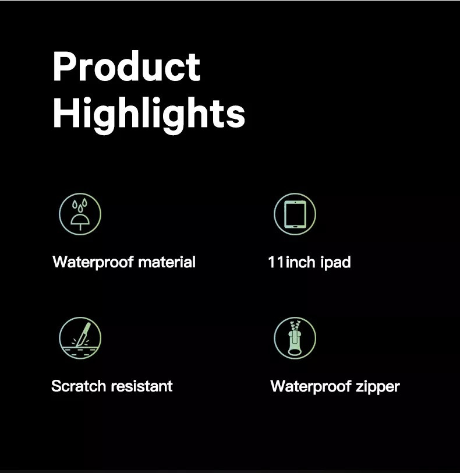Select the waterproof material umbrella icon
point(80,214)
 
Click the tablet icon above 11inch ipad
point(295,214)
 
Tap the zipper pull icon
point(295,338)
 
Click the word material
point(167,262)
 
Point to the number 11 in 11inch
point(276,262)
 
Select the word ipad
point(335,262)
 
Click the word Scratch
point(79,386)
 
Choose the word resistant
point(142,386)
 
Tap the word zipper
point(378,387)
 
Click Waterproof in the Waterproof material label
point(93,262)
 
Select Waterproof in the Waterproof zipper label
point(311,387)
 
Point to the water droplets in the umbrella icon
point(80,205)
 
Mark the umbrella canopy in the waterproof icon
point(80,220)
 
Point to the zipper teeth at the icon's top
point(295,326)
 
